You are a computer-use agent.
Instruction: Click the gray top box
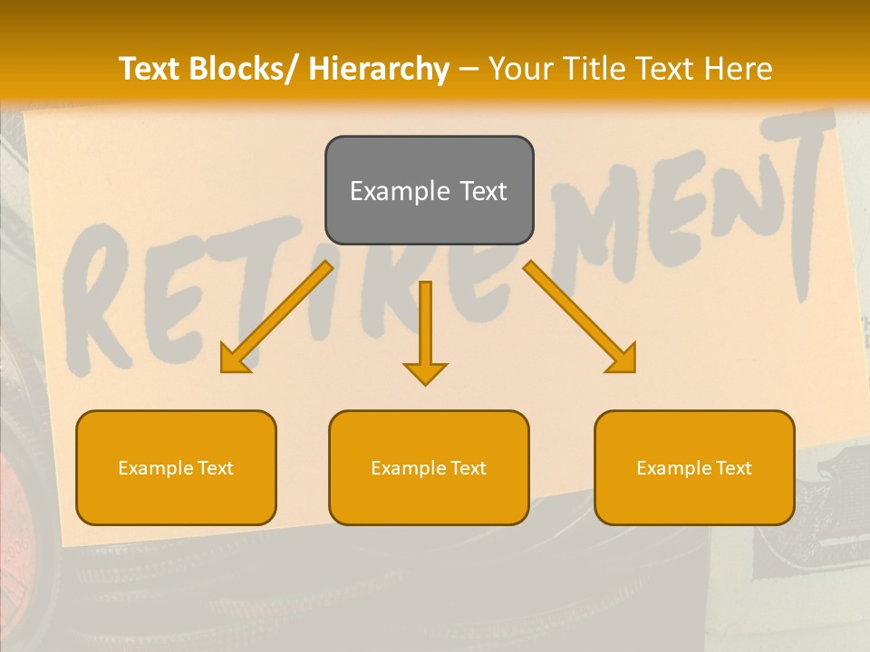(x=429, y=190)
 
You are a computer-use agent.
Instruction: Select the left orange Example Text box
(x=176, y=467)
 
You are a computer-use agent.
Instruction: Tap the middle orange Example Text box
(x=429, y=467)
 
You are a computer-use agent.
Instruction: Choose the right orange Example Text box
(x=694, y=467)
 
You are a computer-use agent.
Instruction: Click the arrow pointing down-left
(x=276, y=318)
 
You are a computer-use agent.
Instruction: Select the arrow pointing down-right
(x=580, y=318)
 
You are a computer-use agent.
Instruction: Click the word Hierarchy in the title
(x=379, y=69)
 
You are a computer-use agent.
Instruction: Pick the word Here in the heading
(x=739, y=69)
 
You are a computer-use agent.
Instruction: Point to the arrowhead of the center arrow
(x=425, y=372)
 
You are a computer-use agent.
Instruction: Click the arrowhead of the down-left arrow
(x=234, y=360)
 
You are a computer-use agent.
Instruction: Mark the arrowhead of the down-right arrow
(x=623, y=360)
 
